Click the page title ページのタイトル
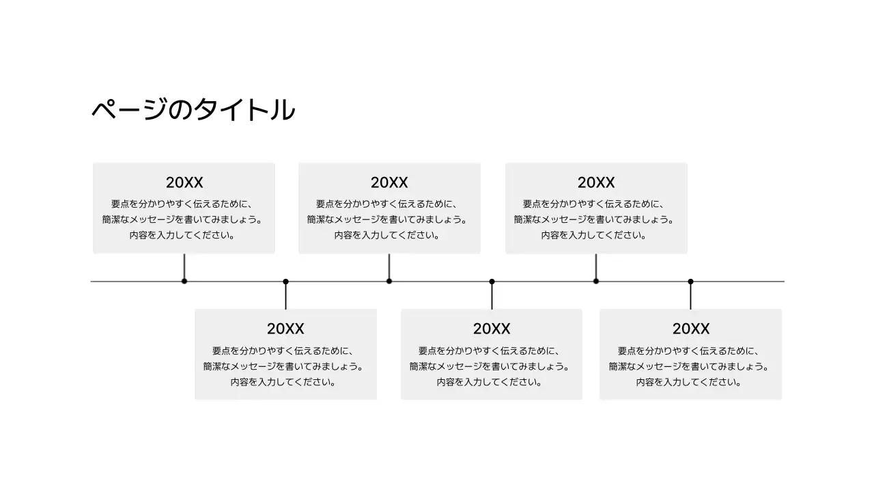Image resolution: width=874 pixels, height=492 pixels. [193, 110]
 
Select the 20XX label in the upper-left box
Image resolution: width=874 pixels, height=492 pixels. [184, 182]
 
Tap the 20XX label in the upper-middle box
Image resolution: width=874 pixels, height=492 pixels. [389, 182]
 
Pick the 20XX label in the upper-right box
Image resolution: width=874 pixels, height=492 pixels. [596, 182]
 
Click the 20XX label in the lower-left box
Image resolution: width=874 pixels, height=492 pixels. [285, 329]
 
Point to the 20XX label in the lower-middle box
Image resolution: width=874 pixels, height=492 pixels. [492, 329]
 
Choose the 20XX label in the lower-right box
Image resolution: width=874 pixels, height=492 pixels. [691, 329]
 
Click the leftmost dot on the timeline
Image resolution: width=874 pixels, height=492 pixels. [184, 281]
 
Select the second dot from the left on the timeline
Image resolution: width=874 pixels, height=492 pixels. [285, 282]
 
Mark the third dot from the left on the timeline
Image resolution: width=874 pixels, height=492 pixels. [389, 281]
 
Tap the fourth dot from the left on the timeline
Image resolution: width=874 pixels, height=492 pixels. [492, 282]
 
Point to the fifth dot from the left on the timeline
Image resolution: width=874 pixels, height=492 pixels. [596, 281]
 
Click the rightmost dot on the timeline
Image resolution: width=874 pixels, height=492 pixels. [690, 282]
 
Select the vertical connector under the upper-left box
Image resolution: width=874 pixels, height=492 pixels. [184, 266]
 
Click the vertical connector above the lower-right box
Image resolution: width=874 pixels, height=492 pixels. [690, 296]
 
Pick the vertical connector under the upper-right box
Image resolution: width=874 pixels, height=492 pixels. [596, 266]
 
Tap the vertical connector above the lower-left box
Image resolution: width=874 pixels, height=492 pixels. [285, 296]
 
